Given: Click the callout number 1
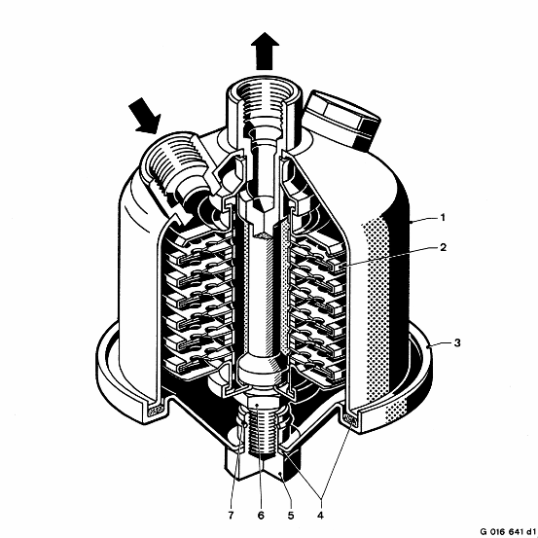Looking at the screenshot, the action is coord(443,218).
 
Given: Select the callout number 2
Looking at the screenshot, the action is coord(443,247).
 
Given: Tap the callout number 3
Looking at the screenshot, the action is coord(457,342).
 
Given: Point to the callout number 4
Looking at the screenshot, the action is coord(320,515).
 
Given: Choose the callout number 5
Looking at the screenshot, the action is coord(291,515).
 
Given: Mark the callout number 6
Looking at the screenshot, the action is coord(261,515).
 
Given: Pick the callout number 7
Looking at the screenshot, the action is coord(231,515).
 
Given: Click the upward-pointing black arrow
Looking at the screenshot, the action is coord(265,52).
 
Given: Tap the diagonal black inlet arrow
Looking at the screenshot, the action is coord(145,116).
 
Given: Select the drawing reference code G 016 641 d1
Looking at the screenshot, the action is coord(508,531).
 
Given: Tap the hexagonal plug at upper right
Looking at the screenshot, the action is coord(343,119).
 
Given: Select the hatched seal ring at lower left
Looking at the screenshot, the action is coord(156,410).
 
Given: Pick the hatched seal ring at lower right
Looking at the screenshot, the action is coord(350,418).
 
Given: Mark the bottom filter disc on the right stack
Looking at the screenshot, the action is coord(317,369).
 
